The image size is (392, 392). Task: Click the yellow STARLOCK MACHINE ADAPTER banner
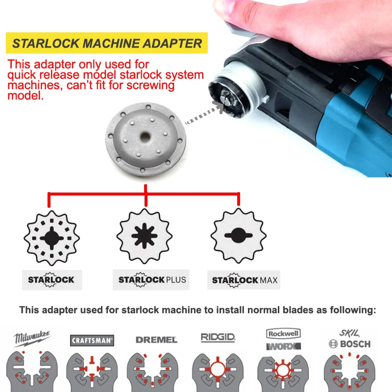click(107, 43)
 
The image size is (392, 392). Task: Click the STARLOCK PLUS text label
click(152, 280)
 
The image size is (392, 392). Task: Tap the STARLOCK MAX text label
click(245, 280)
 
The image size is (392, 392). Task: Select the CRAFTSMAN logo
click(92, 340)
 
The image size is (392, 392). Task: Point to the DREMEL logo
click(156, 340)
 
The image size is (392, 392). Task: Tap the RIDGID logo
click(218, 337)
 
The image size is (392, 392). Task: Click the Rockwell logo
click(283, 334)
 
